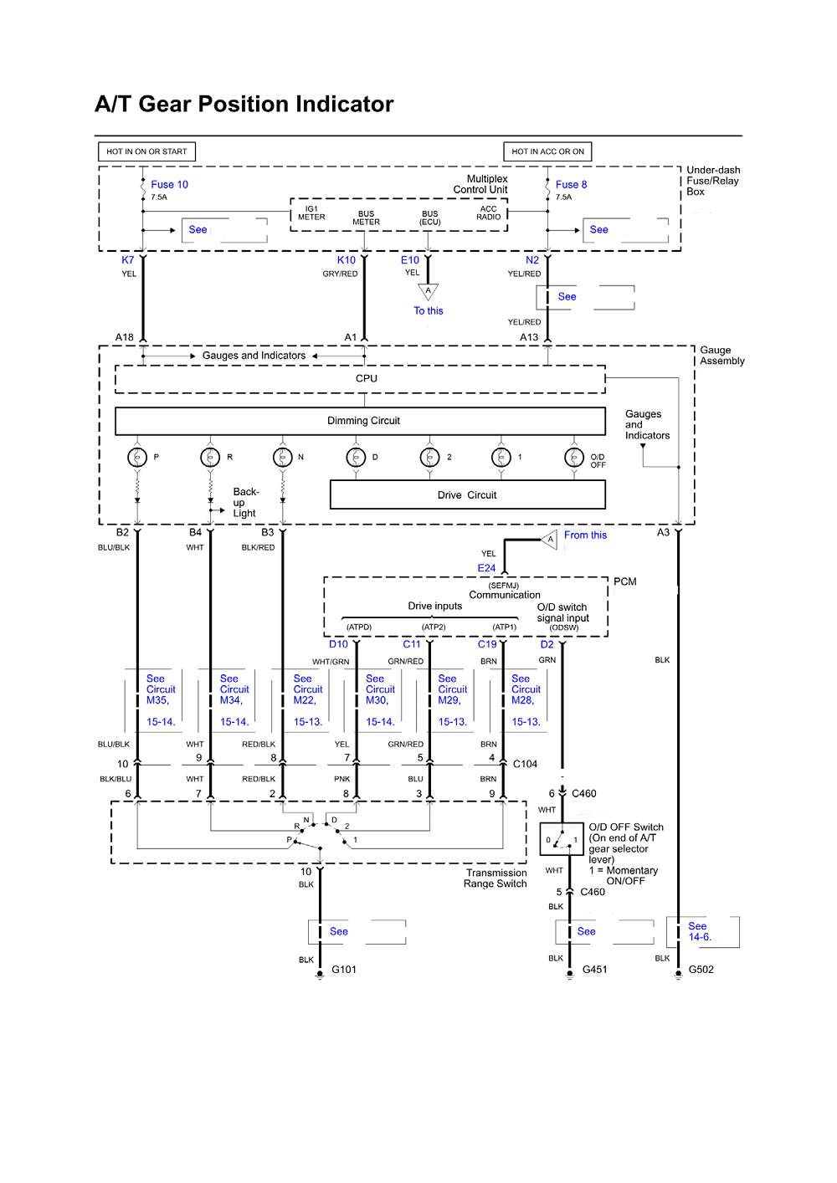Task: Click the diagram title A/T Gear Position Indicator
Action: coord(244,104)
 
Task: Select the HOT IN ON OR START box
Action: coord(146,151)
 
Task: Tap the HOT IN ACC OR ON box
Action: coord(547,151)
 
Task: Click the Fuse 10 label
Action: coord(169,184)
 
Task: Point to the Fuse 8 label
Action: coord(571,184)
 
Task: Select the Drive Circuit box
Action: coord(467,494)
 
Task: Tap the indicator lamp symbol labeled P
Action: coord(137,457)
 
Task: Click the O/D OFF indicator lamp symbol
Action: coord(574,457)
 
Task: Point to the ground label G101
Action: coord(344,970)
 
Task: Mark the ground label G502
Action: coord(701,970)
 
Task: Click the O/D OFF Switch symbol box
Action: coord(561,839)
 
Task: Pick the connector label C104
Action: coord(525,764)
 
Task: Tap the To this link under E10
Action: coord(429,310)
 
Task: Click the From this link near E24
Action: coord(585,535)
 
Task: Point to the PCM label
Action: coord(624,581)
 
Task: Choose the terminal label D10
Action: coord(338,644)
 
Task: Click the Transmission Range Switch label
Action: coord(496,878)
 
